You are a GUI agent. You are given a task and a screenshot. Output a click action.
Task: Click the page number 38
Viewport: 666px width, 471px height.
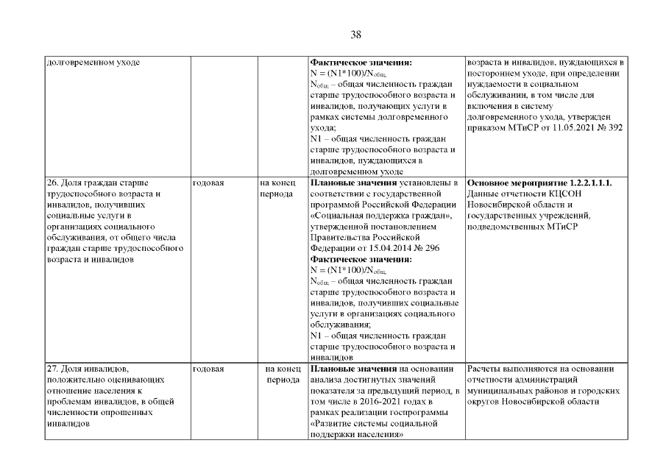coord(356,35)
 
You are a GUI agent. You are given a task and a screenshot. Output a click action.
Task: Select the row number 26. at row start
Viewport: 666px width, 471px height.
coord(52,182)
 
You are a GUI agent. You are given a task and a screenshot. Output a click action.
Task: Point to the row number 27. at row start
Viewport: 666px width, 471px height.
coord(52,368)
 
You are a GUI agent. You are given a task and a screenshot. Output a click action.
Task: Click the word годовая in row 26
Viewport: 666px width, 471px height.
coord(208,182)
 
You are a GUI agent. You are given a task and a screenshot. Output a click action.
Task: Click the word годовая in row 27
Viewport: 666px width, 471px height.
coord(208,368)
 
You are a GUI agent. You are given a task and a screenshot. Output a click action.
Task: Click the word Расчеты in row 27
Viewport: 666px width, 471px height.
coord(484,368)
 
